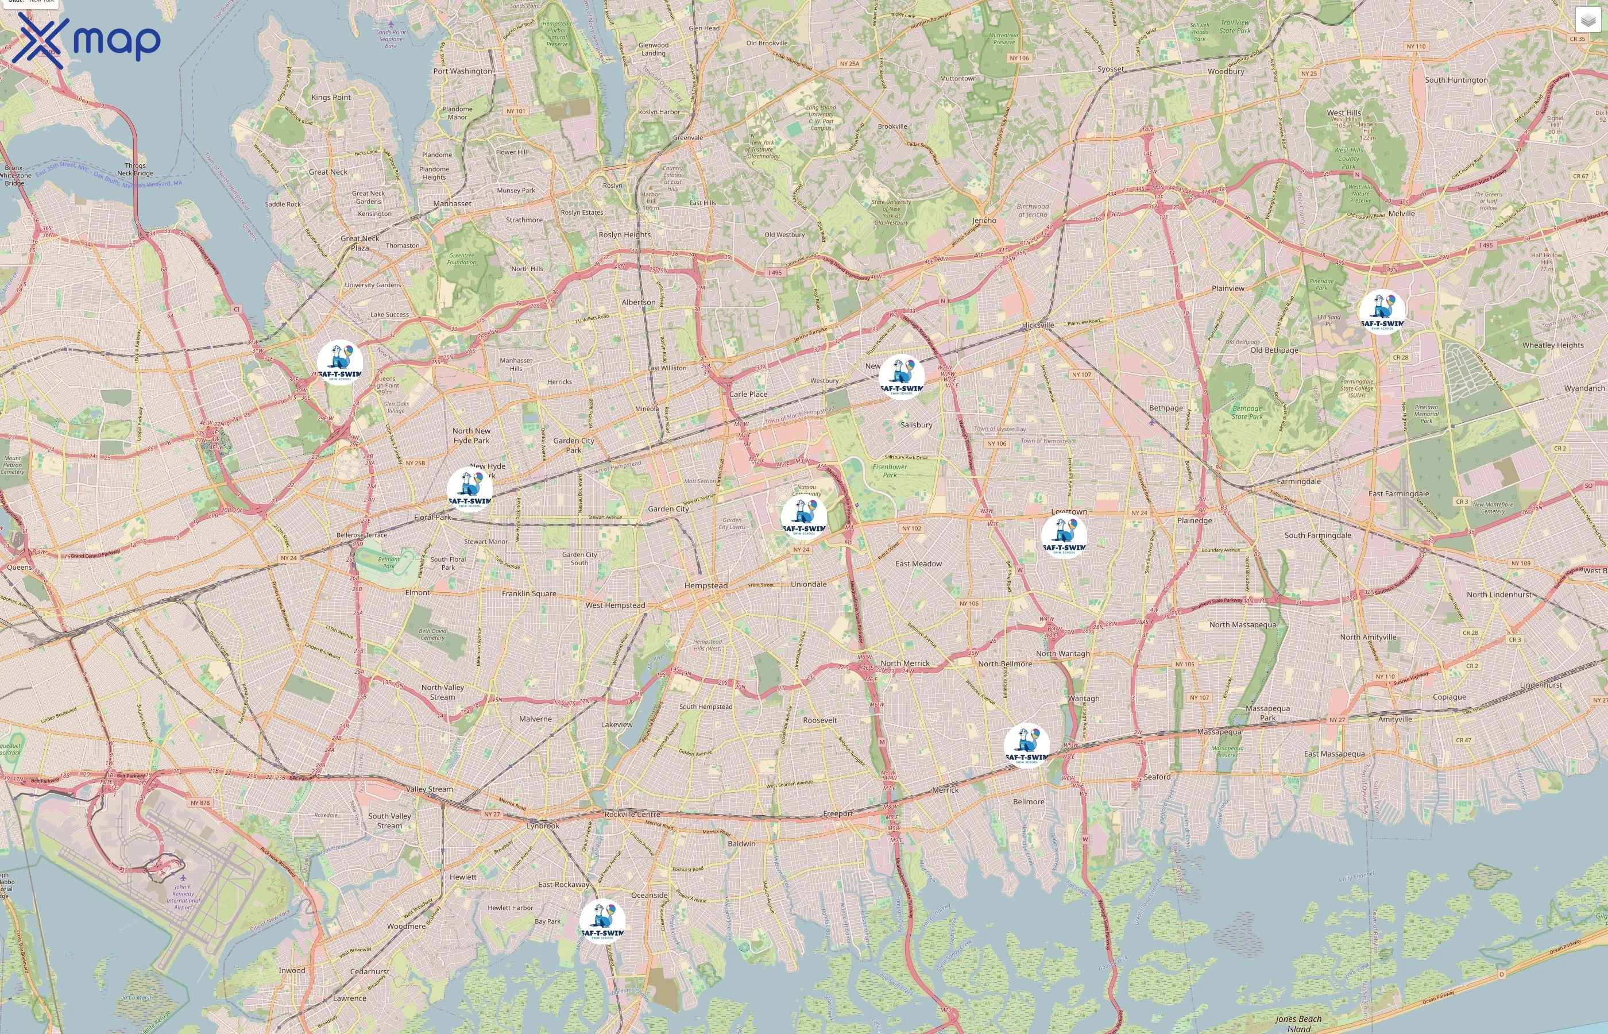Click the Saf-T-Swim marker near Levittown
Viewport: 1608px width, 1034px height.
1064,536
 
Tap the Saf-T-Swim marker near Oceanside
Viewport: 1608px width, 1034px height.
602,921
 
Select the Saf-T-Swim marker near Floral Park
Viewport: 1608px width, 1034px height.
470,489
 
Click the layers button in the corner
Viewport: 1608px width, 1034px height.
1587,21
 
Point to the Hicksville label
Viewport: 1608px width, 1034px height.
1038,325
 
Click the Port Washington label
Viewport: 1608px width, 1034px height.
462,71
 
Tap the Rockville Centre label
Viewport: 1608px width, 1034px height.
632,814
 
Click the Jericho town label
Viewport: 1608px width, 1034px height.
984,220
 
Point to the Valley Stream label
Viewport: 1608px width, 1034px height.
430,789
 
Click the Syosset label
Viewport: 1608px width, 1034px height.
1110,69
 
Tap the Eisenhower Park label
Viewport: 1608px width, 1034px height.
889,470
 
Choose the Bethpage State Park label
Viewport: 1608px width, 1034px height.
1247,412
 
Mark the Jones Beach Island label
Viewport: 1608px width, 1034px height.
1298,1023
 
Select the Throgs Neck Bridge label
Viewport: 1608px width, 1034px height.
135,169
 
